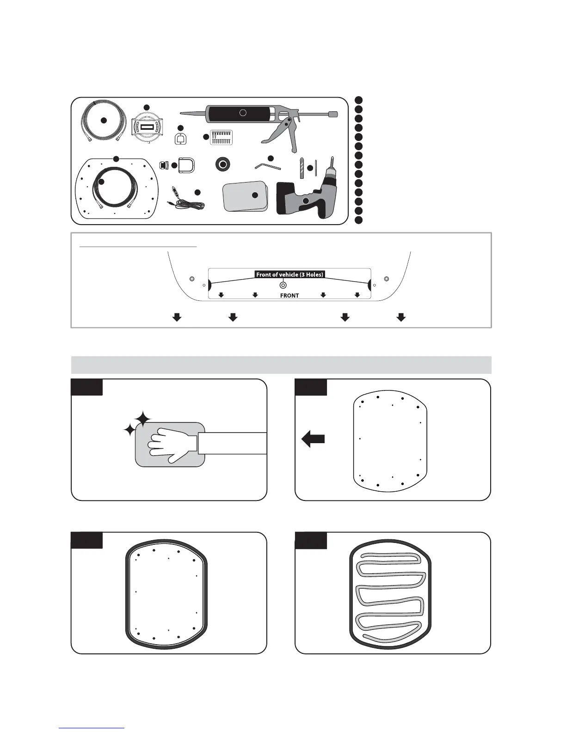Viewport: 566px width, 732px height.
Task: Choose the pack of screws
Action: pos(221,138)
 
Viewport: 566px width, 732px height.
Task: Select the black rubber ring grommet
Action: pos(224,164)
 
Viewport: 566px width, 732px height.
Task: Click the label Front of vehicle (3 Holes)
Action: pos(289,274)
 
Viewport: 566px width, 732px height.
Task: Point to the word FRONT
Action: pos(289,296)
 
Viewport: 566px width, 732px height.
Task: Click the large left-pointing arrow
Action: pos(313,439)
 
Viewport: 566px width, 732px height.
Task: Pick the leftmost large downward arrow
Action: pos(177,317)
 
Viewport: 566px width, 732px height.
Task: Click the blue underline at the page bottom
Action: pos(92,729)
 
